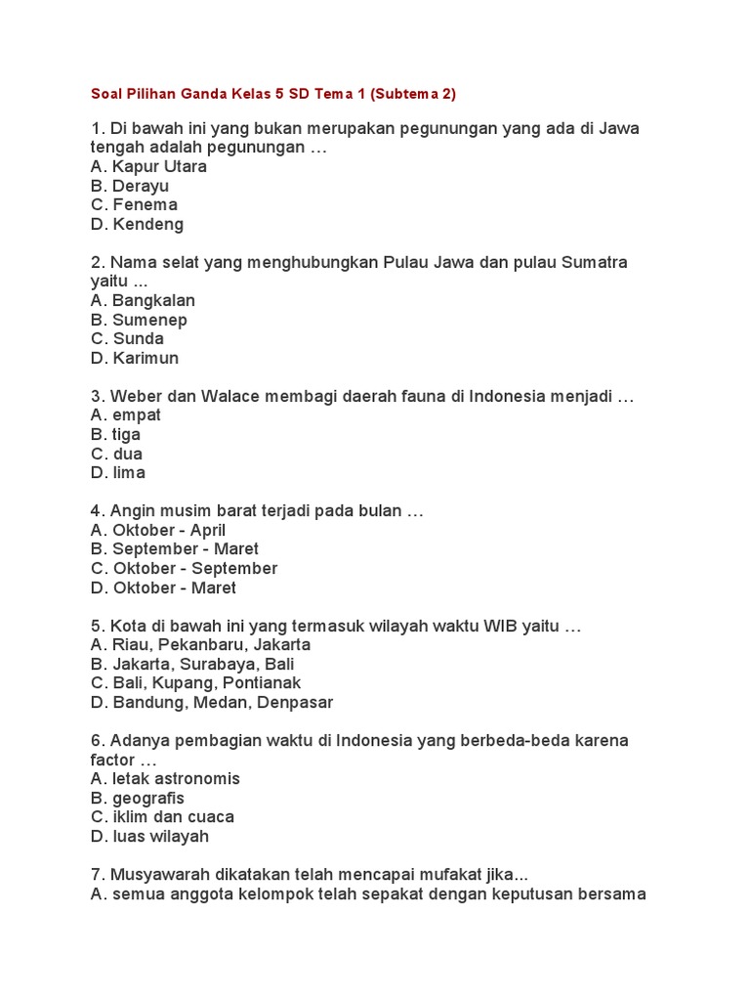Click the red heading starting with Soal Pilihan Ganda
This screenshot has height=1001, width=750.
273,94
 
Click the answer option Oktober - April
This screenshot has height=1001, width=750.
158,530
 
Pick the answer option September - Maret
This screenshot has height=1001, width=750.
175,549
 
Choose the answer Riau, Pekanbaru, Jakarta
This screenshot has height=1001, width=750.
200,645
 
